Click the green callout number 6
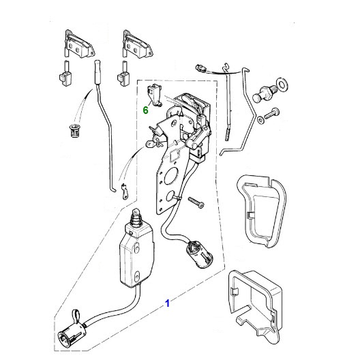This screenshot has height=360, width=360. [145, 110]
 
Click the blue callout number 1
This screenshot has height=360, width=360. [168, 303]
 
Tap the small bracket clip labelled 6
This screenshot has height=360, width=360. [154, 94]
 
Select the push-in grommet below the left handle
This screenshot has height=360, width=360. [74, 132]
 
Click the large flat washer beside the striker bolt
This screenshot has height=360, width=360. [282, 84]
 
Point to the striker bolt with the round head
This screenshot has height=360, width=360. [264, 93]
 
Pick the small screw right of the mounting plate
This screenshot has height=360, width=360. [196, 202]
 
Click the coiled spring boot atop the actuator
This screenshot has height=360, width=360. [137, 218]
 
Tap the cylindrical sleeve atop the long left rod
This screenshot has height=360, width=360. [97, 72]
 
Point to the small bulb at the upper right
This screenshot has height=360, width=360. [200, 68]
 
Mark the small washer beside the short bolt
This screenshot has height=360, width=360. [260, 120]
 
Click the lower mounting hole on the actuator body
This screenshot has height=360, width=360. [137, 275]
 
